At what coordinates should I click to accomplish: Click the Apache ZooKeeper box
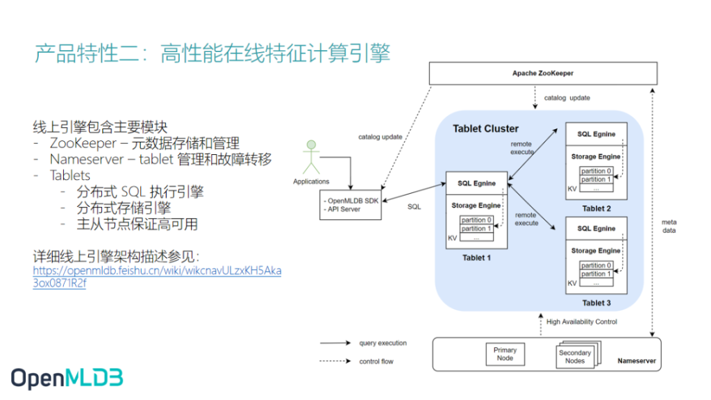coord(543,74)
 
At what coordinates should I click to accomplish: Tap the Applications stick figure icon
coord(311,157)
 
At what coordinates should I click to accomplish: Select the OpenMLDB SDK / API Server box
coord(351,205)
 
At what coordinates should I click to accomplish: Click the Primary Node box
coord(505,354)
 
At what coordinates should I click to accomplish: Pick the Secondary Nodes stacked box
coord(577,355)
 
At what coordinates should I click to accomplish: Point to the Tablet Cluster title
coord(485,128)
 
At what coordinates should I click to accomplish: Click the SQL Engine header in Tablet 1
coord(476,183)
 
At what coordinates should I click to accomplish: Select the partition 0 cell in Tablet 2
coord(596,171)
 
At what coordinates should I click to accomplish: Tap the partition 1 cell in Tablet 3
coord(596,274)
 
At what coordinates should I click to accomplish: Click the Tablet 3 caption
coord(596,303)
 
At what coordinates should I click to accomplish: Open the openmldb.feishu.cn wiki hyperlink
coord(157,276)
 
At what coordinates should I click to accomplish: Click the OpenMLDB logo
coord(67,378)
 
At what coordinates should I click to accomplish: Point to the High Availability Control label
coord(582,322)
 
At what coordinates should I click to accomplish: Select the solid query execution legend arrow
coord(335,343)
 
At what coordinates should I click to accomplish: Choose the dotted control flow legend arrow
coord(335,361)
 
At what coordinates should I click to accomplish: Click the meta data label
coord(669,226)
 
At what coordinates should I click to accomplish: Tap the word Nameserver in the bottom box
coord(637,361)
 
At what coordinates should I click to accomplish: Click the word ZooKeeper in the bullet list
coord(83,143)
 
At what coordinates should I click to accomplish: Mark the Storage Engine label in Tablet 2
coord(596,156)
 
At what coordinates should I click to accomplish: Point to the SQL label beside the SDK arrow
coord(414,207)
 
